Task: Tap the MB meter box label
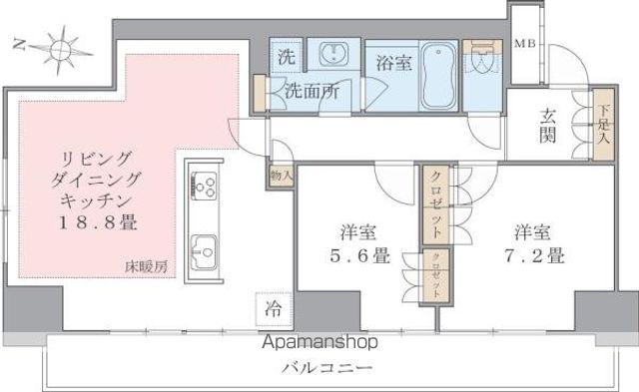(524, 44)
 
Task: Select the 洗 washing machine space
(285, 56)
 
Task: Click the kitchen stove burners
(205, 186)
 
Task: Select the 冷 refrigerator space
(272, 308)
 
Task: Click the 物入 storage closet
(281, 176)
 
